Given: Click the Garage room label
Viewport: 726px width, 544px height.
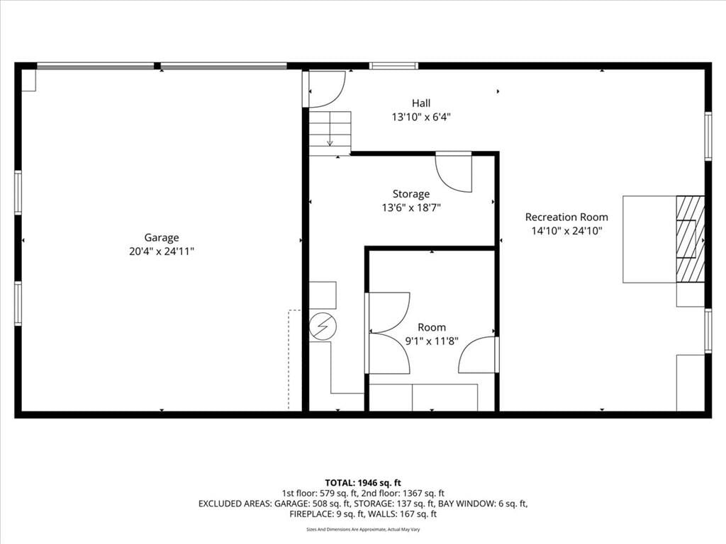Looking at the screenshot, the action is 162,238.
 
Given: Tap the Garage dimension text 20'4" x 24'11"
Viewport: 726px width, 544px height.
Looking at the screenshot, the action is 162,251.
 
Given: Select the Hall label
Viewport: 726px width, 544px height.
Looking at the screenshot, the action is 421,103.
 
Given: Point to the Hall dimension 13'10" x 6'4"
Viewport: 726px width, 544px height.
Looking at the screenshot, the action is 421,117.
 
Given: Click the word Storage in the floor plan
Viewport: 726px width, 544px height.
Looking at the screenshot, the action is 411,194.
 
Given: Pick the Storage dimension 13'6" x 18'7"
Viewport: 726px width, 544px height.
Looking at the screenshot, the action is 411,208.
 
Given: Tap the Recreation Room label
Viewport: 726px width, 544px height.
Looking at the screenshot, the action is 566,217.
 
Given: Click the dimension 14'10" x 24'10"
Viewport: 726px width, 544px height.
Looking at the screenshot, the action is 566,231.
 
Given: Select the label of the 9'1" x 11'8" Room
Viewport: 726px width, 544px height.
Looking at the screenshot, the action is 432,327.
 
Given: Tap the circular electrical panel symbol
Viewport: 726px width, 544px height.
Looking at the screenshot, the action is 323,327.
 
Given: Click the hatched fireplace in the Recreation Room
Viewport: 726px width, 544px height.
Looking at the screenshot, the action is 691,239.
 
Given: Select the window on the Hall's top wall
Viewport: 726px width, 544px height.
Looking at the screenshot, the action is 394,66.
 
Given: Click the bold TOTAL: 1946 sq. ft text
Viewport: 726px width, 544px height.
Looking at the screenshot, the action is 363,483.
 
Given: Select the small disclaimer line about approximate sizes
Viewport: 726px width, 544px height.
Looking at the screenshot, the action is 363,529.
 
